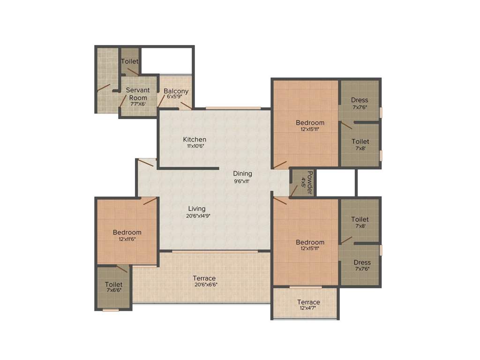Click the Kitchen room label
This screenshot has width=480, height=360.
pos(195,139)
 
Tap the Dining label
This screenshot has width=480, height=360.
pos(243,173)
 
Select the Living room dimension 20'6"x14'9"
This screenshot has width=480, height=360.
pos(197,216)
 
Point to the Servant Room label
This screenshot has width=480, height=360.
pos(138,94)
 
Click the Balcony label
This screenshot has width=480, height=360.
pos(176,91)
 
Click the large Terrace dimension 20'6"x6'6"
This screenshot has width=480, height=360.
pos(204,284)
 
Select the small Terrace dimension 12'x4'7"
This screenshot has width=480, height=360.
pos(308,308)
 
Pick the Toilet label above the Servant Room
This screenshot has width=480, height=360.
pos(130,61)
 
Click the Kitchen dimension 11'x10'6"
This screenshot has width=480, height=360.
pos(195,146)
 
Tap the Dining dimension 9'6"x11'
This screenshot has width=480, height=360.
pos(243,180)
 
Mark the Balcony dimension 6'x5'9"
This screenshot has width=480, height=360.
pos(176,97)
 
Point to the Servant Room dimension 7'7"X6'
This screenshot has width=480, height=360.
pos(138,104)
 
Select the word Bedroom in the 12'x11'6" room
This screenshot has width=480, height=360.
pos(127,232)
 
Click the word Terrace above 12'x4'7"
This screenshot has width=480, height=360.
pos(308,302)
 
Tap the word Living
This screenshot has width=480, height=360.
pos(197,209)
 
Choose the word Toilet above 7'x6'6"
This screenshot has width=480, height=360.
pos(113,285)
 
